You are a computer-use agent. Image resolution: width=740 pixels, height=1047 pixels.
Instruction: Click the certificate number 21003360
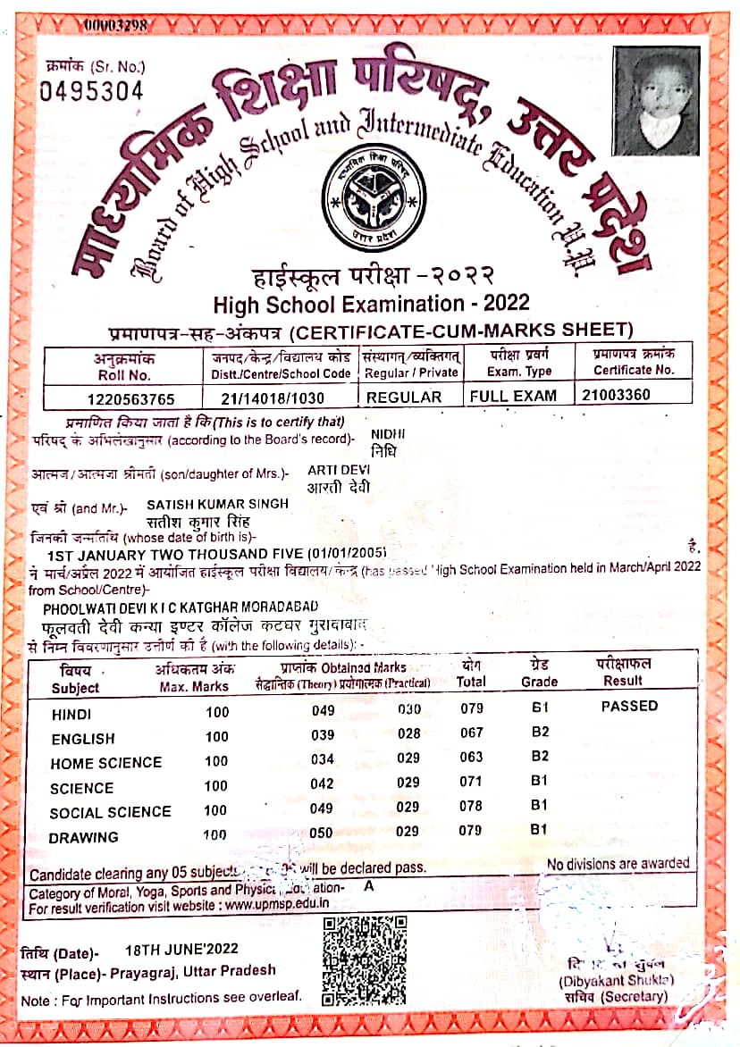coord(616,395)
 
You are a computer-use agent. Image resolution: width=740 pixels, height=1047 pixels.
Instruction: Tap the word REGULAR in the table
coord(404,397)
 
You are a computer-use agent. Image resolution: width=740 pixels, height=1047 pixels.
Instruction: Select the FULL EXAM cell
coord(513,396)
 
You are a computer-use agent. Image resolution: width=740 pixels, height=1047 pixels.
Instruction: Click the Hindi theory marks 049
coord(324,710)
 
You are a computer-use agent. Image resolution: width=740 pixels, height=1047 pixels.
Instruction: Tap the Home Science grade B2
coord(539,757)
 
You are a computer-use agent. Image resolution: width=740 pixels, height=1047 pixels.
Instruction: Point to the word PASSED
coord(628,706)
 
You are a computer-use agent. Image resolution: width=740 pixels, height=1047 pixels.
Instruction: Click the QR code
coord(365,960)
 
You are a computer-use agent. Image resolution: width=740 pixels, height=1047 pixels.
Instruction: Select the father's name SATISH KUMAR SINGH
coord(217,504)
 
